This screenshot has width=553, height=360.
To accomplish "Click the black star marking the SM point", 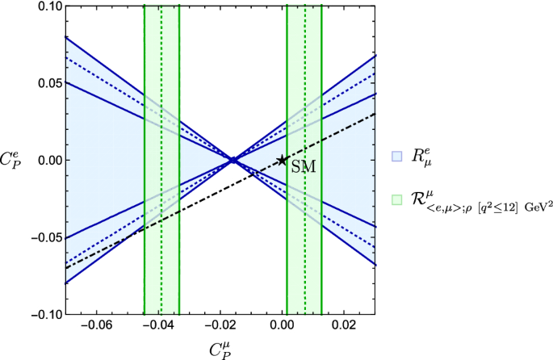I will [282, 160].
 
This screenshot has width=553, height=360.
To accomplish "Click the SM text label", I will [303, 165].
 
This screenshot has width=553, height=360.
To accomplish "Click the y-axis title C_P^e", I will [15, 159].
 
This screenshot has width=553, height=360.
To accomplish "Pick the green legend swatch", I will [396, 199].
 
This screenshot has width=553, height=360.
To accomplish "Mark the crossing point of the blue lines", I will [233, 160].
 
